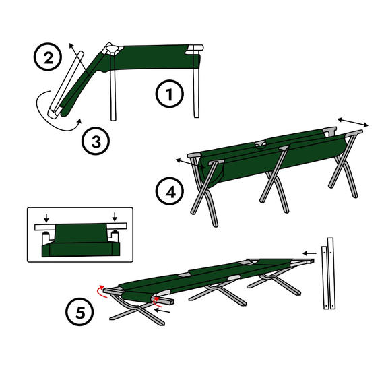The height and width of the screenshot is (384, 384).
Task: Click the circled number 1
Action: pos(170,94)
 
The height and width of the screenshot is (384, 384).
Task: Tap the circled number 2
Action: pos(48,57)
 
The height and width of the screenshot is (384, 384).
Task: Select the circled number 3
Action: pos(96,141)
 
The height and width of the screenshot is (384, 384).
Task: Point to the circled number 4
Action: pos(170,191)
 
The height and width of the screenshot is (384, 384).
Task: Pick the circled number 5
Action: pos(79,311)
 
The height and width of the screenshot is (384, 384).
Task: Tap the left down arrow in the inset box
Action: pos(46,218)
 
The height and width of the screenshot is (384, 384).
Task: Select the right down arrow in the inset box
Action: pos(115,217)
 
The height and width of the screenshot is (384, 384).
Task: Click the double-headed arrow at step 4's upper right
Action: pos(352,122)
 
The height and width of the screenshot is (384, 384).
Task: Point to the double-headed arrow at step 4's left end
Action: pos(191,164)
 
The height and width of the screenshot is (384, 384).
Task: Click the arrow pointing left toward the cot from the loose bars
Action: pos(309,253)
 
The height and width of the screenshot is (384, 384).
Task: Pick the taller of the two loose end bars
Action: pos(331,274)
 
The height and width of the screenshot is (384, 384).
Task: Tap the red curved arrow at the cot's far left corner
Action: pos(101,292)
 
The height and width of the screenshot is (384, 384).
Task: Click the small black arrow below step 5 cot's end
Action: pos(162,311)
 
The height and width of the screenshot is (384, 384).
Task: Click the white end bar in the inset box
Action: pos(81,226)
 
